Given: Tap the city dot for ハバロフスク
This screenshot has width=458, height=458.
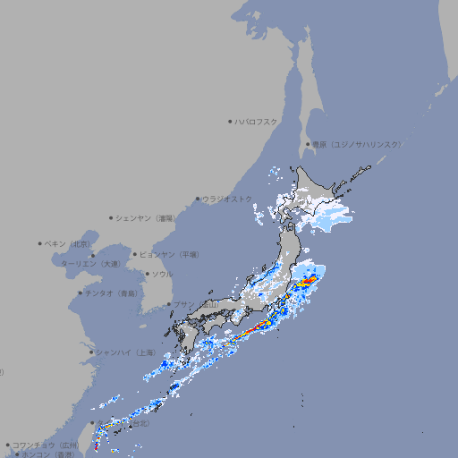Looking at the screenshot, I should click(x=230, y=122).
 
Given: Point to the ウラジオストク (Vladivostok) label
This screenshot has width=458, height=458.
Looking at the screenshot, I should click(x=227, y=199).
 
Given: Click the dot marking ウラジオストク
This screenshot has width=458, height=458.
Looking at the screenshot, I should click(x=198, y=199).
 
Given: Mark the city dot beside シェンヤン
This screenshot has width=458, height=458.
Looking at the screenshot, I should click(x=111, y=217).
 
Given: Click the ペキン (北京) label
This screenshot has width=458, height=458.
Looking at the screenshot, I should click(x=70, y=243).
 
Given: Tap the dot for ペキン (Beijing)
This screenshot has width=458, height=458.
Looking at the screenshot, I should click(x=40, y=243).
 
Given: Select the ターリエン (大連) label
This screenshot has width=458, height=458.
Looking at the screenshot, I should click(x=89, y=264).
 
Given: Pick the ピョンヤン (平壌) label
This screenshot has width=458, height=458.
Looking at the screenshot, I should click(x=170, y=255).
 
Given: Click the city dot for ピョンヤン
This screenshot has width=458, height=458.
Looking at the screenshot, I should click(x=135, y=254).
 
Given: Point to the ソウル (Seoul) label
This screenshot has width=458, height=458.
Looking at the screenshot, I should click(x=162, y=274).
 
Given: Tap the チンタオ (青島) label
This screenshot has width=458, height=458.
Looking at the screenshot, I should click(x=111, y=293).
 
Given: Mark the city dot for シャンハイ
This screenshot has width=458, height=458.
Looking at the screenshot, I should click(x=91, y=352).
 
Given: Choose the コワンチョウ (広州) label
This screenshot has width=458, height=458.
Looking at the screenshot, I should click(x=46, y=445).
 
